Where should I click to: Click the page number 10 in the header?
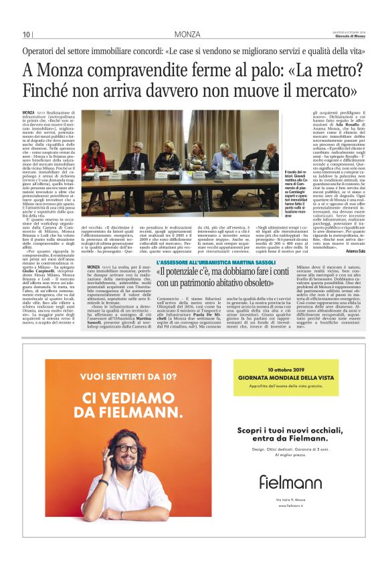pos(27,35)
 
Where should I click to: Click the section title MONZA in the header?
pos(187,34)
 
